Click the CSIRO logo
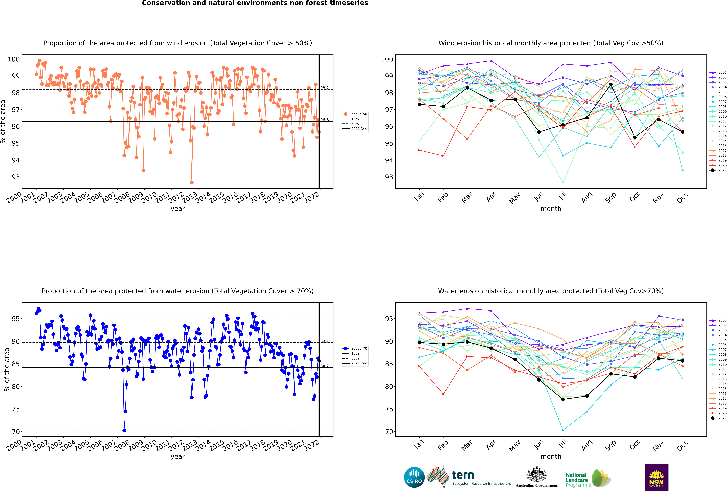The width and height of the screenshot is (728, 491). coord(414,477)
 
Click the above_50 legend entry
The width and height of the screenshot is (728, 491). coord(355,114)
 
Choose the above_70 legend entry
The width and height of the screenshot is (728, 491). coord(355,349)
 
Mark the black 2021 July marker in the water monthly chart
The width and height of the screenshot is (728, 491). coord(563,400)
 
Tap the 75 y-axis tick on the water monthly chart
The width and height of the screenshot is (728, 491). coord(388,409)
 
